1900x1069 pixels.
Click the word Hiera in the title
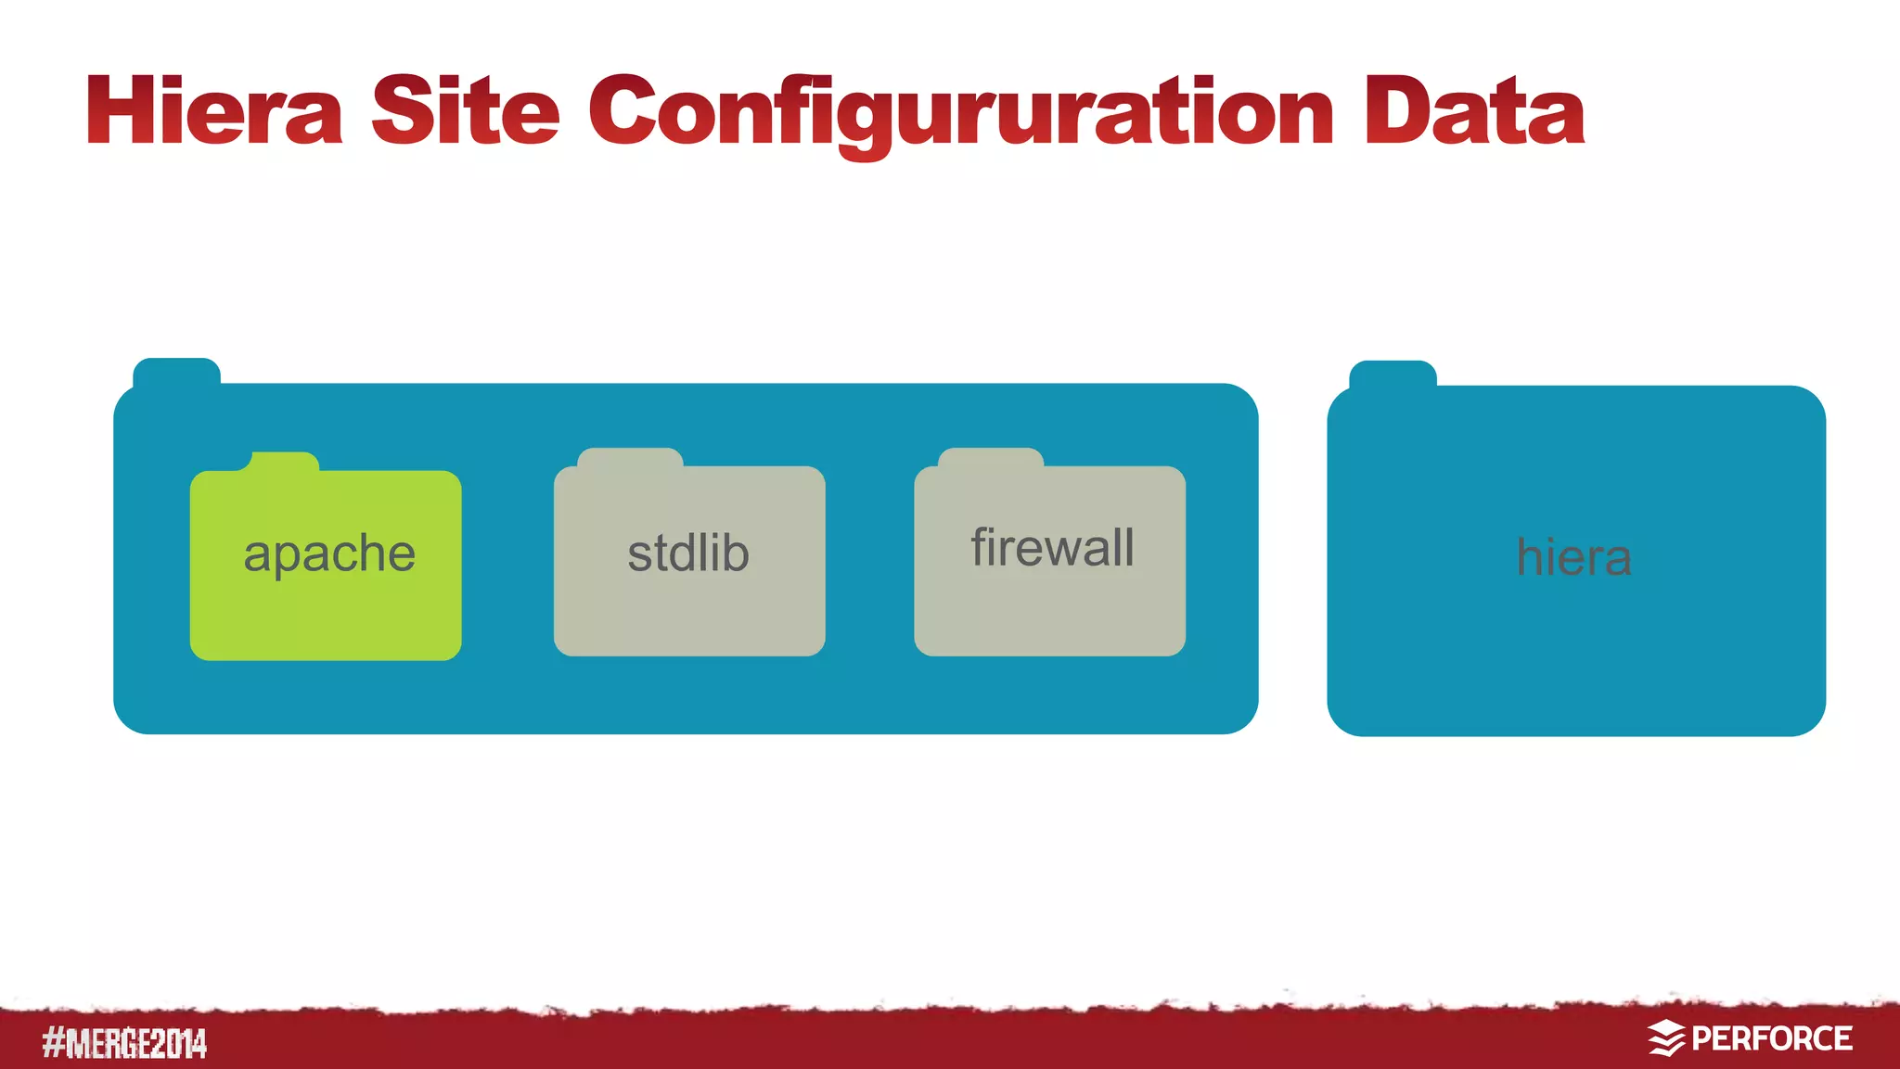tap(214, 111)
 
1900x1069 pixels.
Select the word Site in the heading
tap(466, 111)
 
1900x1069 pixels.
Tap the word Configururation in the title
tap(961, 113)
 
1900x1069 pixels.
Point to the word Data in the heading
tap(1474, 111)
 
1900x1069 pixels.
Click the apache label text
tap(329, 554)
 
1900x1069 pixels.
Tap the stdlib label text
tap(688, 553)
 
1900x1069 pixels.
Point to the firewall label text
tap(1052, 547)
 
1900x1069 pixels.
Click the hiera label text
tap(1573, 557)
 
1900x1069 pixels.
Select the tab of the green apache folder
tap(284, 462)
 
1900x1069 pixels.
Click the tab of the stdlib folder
tap(630, 457)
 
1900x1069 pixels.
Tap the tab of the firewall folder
tap(991, 457)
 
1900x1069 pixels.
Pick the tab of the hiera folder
tap(1393, 374)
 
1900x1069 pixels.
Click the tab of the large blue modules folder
tap(176, 371)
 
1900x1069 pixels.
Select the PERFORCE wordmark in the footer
tap(1772, 1038)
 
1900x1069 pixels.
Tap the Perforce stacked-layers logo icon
tap(1666, 1038)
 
